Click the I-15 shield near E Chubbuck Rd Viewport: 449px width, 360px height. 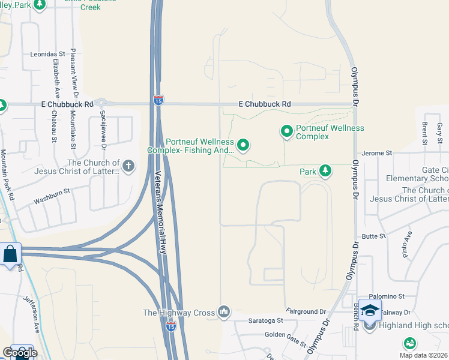(158, 100)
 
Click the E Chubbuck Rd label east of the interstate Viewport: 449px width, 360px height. (264, 104)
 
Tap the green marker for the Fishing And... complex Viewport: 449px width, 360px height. (243, 145)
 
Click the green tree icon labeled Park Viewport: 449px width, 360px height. (325, 172)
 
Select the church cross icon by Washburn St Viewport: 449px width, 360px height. (127, 166)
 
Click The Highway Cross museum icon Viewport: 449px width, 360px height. (224, 311)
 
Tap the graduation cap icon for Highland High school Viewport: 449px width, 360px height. (370, 310)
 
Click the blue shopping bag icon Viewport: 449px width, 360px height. (11, 254)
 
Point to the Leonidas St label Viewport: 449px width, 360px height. (47, 54)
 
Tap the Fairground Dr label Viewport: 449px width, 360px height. (306, 312)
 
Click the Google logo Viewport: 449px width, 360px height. (20, 352)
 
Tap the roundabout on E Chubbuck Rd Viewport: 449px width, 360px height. (100, 104)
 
